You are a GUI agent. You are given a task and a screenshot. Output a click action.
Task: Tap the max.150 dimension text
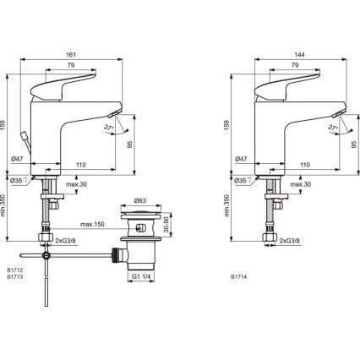coord(94,224)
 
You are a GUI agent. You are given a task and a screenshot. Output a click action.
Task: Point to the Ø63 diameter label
coord(141,201)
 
